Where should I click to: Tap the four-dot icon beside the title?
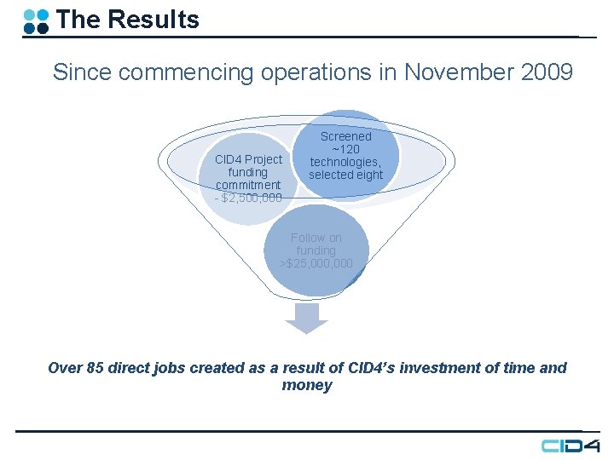(x=36, y=20)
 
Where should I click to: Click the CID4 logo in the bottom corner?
(x=571, y=446)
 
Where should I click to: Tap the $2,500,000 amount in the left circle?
(x=250, y=198)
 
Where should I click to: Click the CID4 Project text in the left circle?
(x=248, y=159)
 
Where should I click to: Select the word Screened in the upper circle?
(x=345, y=136)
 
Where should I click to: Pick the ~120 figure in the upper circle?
(x=345, y=149)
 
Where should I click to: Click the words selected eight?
(x=345, y=175)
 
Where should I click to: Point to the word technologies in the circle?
(x=345, y=162)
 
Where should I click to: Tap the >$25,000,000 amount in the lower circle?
(x=316, y=264)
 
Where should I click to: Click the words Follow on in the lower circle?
(x=316, y=238)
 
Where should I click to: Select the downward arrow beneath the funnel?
(x=306, y=317)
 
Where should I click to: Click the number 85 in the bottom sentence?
(x=96, y=368)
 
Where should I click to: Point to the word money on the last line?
(x=306, y=386)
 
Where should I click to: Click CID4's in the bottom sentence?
(x=371, y=368)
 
